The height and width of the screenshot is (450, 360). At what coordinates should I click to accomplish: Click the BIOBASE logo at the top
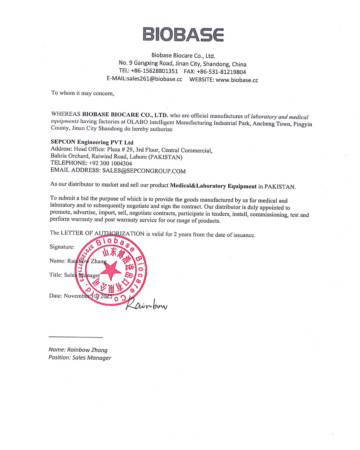tap(183, 34)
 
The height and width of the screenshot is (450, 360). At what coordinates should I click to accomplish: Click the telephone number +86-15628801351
tap(154, 71)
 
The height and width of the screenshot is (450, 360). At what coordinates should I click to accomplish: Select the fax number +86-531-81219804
tap(221, 72)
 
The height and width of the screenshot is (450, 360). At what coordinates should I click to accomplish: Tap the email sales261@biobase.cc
tap(154, 79)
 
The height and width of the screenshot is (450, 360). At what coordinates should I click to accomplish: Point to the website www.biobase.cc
tap(237, 80)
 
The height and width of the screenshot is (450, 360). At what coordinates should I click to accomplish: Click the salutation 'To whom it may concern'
tap(82, 93)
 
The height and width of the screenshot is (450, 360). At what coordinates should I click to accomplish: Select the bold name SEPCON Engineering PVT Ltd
tap(92, 142)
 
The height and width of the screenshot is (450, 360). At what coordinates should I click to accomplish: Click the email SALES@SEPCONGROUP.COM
tap(144, 171)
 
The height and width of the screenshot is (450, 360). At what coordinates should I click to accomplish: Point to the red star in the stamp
tap(111, 270)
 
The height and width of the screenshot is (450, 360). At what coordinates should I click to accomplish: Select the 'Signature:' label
tap(62, 247)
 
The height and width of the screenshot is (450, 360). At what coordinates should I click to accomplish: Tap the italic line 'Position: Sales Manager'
tap(80, 358)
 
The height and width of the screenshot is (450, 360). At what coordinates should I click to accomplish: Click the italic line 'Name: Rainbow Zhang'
tap(78, 350)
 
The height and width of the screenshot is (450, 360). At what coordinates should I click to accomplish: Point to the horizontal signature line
tap(76, 337)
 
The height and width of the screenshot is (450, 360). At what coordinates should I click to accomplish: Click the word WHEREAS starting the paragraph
tap(66, 114)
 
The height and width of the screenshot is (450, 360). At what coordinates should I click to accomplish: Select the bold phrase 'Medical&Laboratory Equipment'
tap(213, 186)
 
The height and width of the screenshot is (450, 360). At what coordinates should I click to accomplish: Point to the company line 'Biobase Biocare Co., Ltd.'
tap(183, 56)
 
